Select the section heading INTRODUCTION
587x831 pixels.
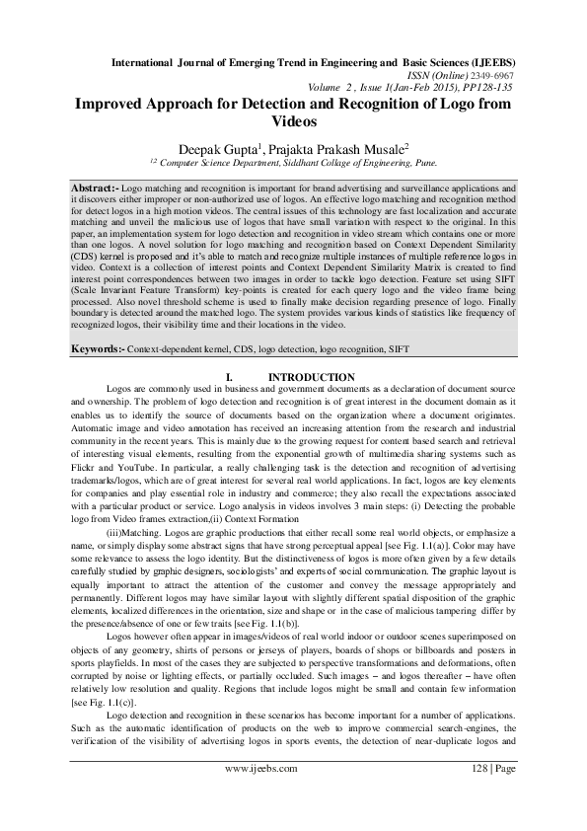click(313, 378)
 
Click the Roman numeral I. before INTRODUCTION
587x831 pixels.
click(230, 378)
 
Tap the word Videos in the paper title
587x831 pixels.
click(294, 124)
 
